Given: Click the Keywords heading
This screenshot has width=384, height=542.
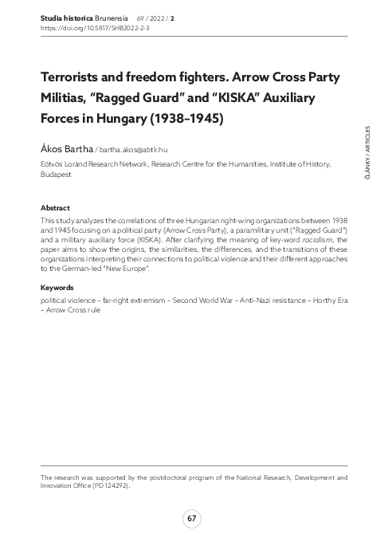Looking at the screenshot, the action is click(57, 287).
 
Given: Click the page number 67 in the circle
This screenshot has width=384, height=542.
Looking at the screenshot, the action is click(191, 520).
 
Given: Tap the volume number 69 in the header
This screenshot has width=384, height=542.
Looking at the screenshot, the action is click(141, 15).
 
